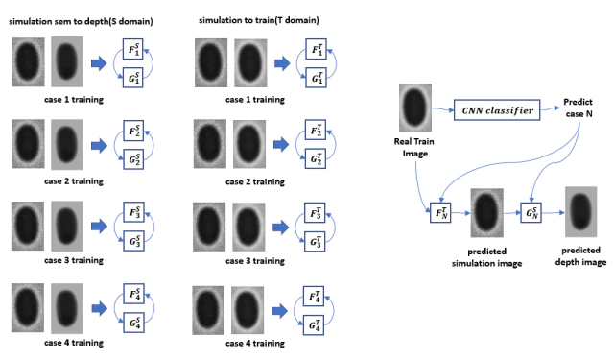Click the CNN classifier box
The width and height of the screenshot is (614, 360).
pos(497,110)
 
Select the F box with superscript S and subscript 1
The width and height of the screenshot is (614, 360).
pos(132,49)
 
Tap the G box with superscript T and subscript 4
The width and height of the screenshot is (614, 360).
pos(314,324)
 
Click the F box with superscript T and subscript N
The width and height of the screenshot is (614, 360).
pos(440,213)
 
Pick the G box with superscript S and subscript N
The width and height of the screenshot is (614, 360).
pos(531,213)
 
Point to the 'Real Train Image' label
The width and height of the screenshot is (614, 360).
pos(414,147)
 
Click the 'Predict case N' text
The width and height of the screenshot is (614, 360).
pos(579,108)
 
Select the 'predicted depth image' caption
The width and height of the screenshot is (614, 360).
pos(580,255)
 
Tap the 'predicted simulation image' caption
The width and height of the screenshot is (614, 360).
pos(486,257)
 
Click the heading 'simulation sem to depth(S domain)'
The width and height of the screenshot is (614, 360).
pos(81,21)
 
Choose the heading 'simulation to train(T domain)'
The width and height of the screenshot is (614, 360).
pos(259,20)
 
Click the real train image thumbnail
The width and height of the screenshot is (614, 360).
pos(415,108)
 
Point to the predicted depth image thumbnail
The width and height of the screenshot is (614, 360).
pos(580,212)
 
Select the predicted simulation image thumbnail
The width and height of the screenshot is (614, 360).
pos(486,213)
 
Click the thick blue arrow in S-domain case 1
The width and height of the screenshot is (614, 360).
pos(99,63)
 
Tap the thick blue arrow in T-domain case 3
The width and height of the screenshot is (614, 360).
pos(280,228)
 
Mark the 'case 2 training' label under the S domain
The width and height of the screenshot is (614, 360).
pos(74,181)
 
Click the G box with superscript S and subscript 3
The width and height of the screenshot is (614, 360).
pos(134,241)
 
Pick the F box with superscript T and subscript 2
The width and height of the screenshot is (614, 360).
pos(316,130)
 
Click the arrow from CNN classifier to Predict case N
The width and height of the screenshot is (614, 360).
pos(550,108)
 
